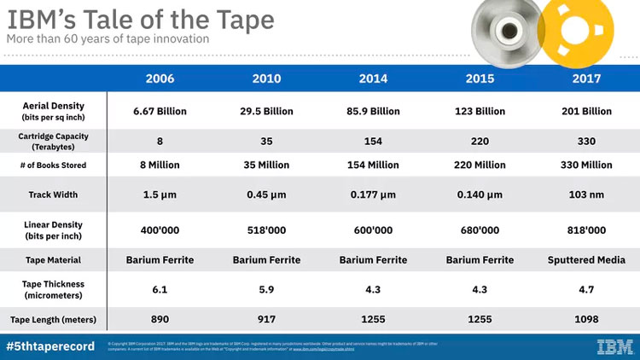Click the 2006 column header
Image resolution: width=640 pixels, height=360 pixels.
tap(160, 78)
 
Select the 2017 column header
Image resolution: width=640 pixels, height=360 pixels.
tap(585, 78)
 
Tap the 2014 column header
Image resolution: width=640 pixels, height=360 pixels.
tap(373, 78)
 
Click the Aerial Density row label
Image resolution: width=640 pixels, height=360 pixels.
tap(53, 111)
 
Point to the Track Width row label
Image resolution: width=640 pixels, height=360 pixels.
tap(53, 195)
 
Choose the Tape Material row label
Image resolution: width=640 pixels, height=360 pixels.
tap(53, 260)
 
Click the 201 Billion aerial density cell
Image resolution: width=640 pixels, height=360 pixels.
tap(585, 111)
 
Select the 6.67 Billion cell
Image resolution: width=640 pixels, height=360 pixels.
tap(160, 111)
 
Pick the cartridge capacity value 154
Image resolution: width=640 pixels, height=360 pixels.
tap(373, 141)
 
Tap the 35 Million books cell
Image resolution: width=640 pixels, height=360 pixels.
tap(266, 165)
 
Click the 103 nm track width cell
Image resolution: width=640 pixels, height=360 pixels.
tap(585, 195)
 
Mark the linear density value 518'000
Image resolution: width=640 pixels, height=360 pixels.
tap(266, 229)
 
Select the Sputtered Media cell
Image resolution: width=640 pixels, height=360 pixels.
tap(585, 260)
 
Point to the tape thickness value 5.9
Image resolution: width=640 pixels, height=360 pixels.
tap(266, 289)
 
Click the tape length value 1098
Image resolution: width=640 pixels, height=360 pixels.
tap(585, 320)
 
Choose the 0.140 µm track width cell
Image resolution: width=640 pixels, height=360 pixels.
tap(480, 195)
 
